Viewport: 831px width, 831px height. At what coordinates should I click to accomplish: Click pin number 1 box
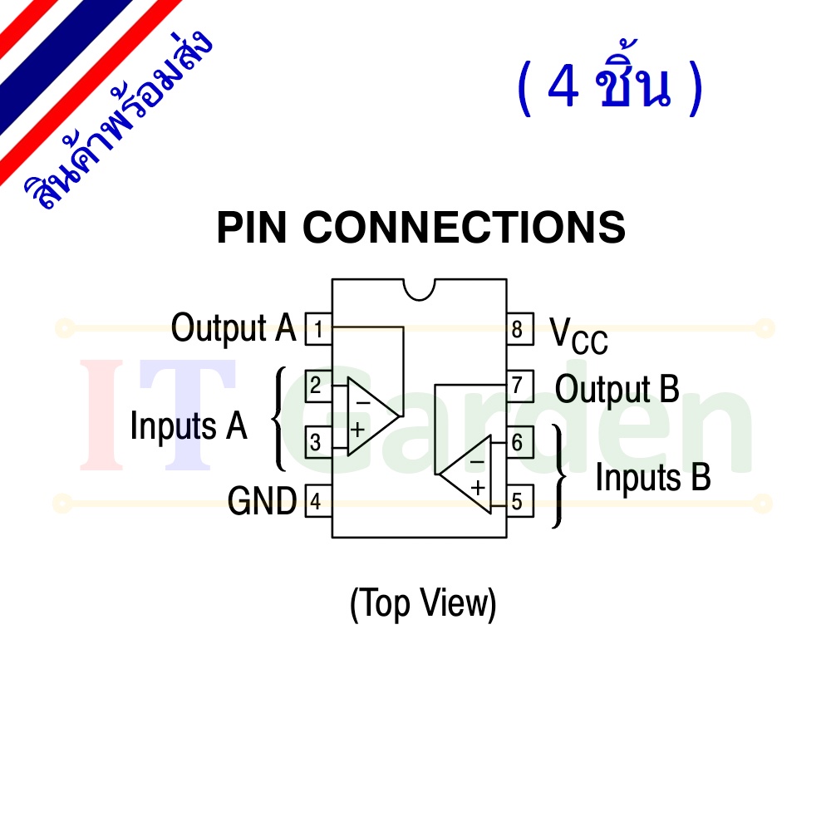(x=318, y=329)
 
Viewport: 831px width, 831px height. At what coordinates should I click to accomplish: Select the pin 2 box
(x=318, y=386)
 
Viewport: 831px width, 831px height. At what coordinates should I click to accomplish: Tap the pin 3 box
(x=318, y=443)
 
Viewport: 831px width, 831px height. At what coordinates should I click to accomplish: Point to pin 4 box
(x=318, y=501)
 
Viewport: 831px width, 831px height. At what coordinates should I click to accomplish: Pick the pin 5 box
(x=520, y=501)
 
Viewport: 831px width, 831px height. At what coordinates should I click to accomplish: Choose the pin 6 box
(x=520, y=443)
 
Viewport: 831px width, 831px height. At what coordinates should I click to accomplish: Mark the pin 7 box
(x=520, y=386)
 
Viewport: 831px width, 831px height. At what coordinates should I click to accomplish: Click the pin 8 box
(x=520, y=329)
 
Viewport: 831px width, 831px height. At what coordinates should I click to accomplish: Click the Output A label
(x=234, y=328)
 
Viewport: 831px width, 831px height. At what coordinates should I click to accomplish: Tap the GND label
(x=262, y=501)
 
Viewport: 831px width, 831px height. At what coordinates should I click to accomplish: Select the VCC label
(x=578, y=336)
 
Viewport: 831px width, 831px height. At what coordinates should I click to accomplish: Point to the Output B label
(x=617, y=390)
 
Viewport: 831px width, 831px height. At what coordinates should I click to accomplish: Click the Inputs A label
(x=189, y=425)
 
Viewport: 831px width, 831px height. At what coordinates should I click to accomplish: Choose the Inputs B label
(x=653, y=477)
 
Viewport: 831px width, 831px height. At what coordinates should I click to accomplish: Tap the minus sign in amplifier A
(x=363, y=403)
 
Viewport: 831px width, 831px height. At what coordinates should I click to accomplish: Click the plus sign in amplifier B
(x=478, y=487)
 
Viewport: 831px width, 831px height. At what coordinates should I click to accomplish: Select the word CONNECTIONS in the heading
(x=465, y=228)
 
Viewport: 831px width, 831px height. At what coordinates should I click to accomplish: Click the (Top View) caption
(x=422, y=603)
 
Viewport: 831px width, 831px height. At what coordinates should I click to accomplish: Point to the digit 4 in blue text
(x=563, y=86)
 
